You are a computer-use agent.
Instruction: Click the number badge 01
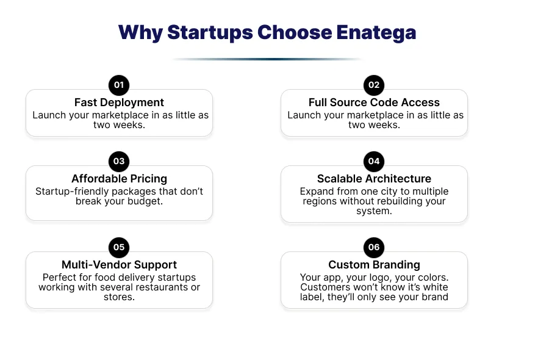119,85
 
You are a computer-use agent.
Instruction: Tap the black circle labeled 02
374,85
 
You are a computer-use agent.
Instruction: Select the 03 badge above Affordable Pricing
119,162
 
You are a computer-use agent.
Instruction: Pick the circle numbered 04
374,162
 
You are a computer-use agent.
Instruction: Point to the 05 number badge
119,247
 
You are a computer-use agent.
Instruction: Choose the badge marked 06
374,247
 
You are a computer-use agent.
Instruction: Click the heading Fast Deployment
119,103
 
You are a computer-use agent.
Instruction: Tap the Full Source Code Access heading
374,103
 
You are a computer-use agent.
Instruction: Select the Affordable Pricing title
119,179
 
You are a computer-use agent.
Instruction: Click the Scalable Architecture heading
374,178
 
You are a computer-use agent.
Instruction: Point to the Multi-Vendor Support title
119,265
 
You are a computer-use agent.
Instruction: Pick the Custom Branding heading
374,265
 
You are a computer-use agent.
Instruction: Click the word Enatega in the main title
376,33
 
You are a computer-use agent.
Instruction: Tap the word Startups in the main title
210,33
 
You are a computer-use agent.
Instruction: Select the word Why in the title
140,33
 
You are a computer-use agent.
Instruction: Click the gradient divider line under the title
267,59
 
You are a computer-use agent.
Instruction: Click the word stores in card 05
119,297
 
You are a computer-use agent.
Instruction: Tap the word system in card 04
374,211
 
